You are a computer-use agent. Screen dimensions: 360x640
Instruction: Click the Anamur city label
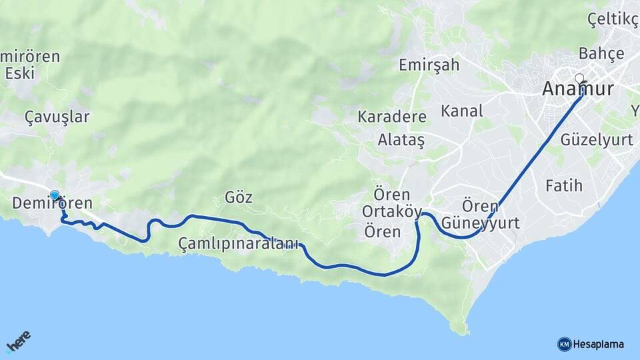[578, 89]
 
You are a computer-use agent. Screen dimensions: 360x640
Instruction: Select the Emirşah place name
[429, 65]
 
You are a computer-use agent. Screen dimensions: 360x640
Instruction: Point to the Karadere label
[392, 117]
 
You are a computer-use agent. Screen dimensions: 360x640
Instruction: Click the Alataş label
[401, 140]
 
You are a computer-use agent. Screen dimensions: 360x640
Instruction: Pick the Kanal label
[462, 111]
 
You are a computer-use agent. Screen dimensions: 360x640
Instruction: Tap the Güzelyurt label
[597, 140]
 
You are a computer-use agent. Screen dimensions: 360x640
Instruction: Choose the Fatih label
[564, 185]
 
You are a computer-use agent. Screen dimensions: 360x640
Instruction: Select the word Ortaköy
[392, 212]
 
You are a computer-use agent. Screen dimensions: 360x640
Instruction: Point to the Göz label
[239, 197]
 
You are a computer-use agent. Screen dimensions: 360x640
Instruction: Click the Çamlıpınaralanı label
[239, 244]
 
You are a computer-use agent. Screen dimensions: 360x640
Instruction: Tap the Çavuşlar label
[57, 117]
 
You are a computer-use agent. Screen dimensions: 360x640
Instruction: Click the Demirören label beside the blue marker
[53, 203]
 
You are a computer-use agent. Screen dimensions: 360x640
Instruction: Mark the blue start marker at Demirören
[55, 195]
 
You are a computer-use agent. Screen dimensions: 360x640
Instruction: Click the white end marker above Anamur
[579, 78]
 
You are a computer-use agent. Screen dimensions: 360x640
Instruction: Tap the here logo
[18, 341]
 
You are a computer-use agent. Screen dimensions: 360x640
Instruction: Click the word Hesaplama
[599, 345]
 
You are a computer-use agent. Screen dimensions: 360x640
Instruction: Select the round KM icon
[564, 344]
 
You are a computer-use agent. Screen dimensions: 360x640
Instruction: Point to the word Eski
[20, 73]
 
